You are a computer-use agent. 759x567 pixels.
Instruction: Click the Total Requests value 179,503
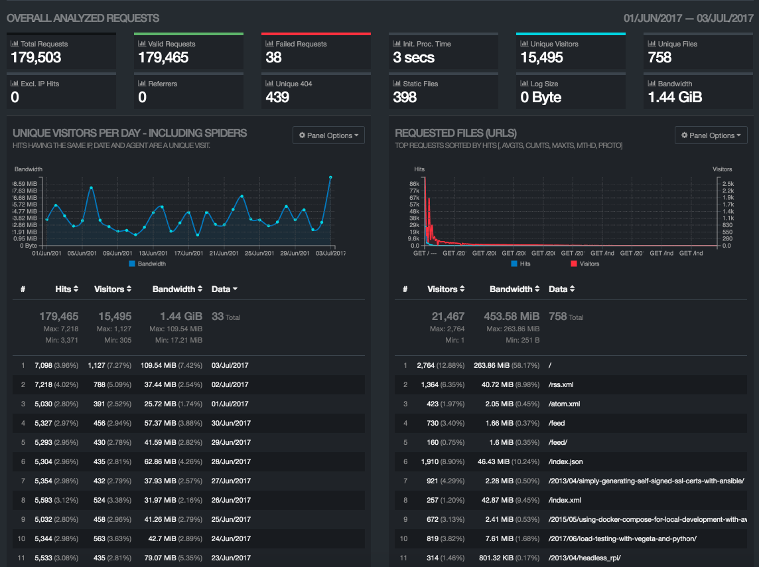[36, 58]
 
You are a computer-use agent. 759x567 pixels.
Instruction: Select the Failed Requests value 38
[273, 58]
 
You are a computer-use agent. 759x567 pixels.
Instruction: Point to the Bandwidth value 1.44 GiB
[675, 98]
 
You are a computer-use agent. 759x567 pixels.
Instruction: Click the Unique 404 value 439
[277, 98]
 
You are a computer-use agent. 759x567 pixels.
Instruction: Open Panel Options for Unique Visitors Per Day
[328, 135]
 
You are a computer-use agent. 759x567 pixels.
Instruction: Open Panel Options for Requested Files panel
[711, 135]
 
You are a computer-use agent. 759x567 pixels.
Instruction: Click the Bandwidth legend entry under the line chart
[147, 264]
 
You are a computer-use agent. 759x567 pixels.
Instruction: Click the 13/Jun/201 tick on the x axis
[153, 253]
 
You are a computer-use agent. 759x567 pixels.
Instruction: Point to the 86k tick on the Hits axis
[415, 183]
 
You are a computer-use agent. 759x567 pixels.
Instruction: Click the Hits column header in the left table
[66, 289]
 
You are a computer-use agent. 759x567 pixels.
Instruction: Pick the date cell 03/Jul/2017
[230, 365]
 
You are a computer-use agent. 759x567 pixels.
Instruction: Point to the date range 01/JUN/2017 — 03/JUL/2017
[688, 18]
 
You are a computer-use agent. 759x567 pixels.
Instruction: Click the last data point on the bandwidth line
[330, 177]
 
